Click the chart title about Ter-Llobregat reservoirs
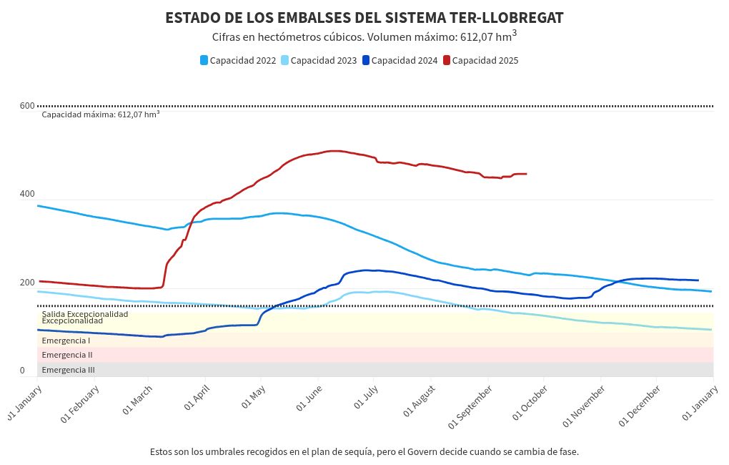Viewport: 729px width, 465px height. pos(364,17)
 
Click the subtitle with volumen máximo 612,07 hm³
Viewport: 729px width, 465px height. pos(364,36)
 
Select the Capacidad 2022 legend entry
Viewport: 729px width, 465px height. pos(238,61)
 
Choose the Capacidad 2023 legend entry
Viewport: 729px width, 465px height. pos(318,61)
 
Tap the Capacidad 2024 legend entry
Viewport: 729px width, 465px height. pos(400,61)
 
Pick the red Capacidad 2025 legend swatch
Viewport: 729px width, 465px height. pos(447,61)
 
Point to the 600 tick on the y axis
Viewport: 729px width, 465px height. pos(27,107)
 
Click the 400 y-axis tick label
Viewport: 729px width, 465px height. pos(27,195)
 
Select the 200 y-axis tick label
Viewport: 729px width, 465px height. pos(27,283)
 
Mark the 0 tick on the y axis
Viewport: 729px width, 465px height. pos(22,371)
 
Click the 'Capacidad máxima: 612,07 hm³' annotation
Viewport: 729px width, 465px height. pos(100,114)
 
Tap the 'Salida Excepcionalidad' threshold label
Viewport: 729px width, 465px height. pos(85,314)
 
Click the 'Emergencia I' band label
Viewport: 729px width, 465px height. pos(66,341)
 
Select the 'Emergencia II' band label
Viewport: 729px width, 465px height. pos(67,355)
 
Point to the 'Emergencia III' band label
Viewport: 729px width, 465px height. pos(68,370)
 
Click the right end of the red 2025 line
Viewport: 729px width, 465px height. pos(526,174)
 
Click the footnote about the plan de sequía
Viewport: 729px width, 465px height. pos(364,452)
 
